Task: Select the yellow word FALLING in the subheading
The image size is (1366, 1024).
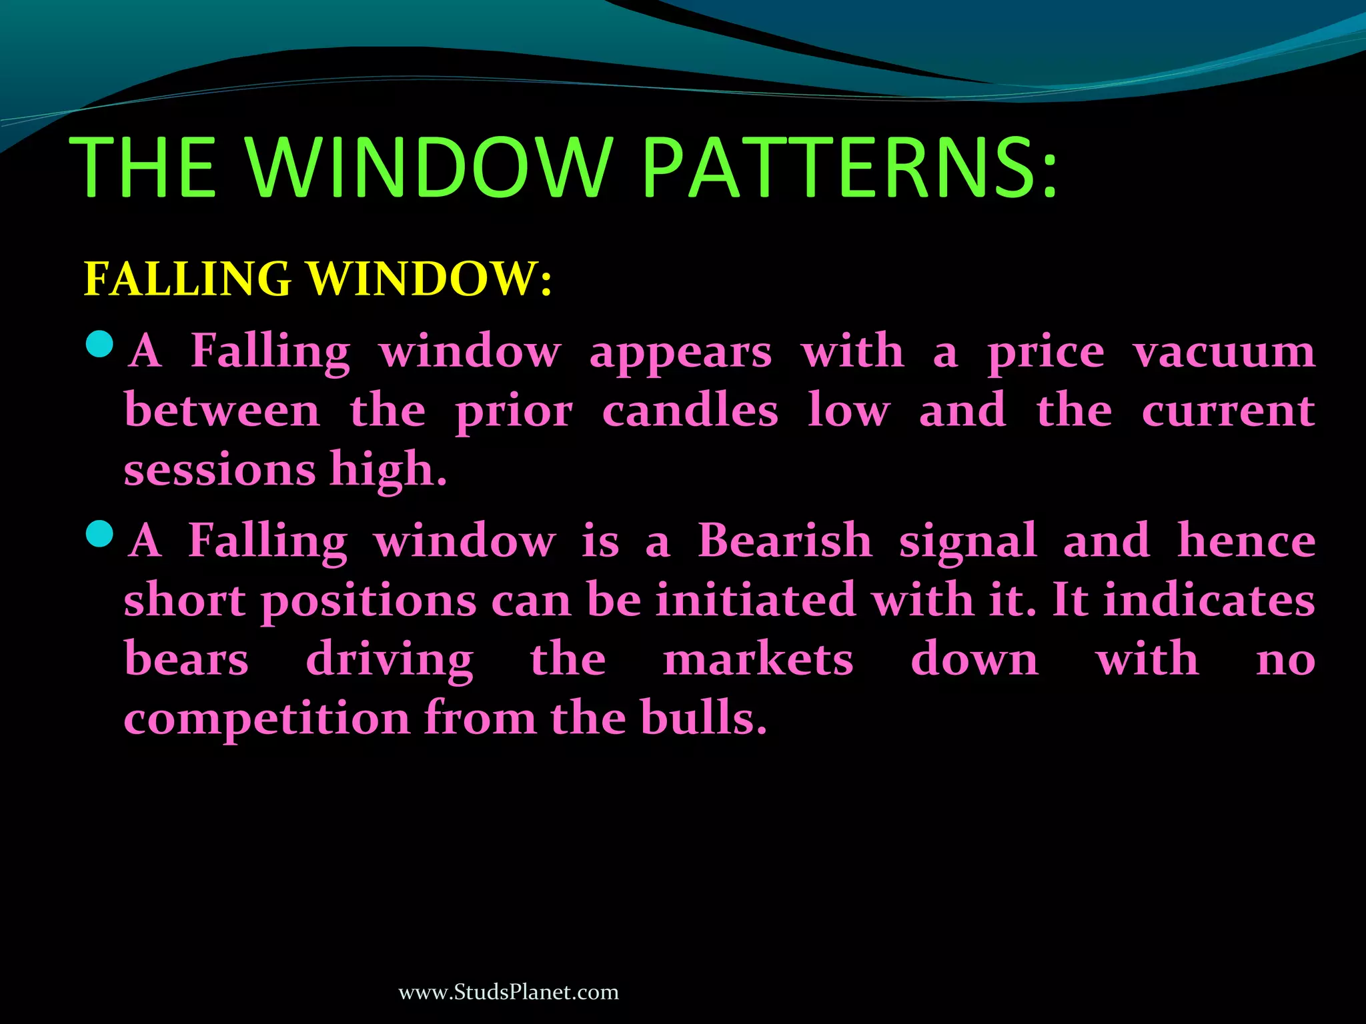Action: pyautogui.click(x=187, y=279)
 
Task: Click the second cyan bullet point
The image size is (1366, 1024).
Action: pyautogui.click(x=100, y=533)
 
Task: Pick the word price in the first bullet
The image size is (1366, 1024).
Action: pyautogui.click(x=1046, y=353)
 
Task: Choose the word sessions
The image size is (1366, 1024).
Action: pyautogui.click(x=219, y=470)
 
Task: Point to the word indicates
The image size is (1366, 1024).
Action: pyautogui.click(x=1209, y=599)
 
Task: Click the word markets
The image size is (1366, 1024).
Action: pyautogui.click(x=758, y=659)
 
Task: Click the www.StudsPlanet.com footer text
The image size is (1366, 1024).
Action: pyautogui.click(x=508, y=992)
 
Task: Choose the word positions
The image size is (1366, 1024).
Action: pyautogui.click(x=368, y=601)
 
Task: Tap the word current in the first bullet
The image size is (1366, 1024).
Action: pyautogui.click(x=1228, y=411)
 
